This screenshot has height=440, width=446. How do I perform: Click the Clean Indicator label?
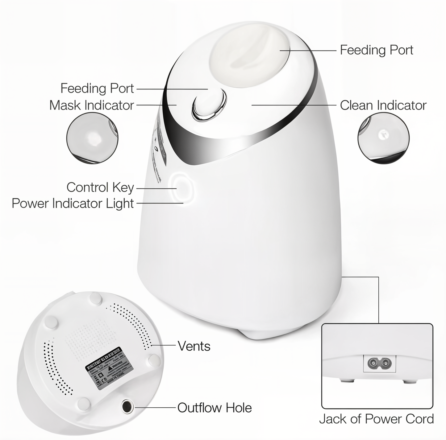[383, 105]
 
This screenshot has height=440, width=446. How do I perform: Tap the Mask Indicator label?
[92, 105]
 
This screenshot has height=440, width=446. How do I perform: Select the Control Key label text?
[100, 187]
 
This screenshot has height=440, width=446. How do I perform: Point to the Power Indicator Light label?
[73, 204]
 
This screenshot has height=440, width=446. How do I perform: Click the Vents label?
[194, 346]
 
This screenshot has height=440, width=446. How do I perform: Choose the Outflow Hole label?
[215, 408]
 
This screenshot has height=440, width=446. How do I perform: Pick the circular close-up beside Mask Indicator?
[92, 138]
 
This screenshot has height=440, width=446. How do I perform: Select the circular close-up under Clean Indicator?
[383, 138]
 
